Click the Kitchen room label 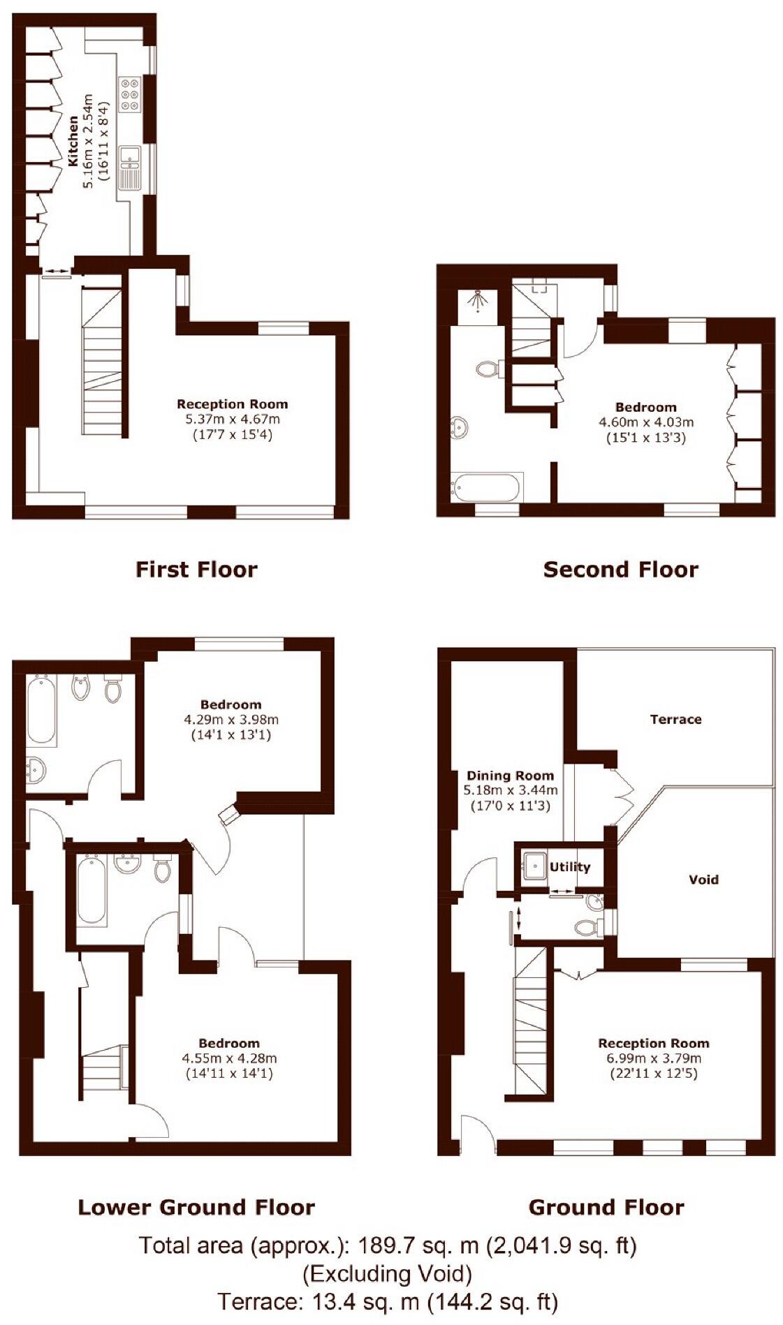click(x=73, y=142)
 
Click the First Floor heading click(x=196, y=570)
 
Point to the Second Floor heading click(x=620, y=570)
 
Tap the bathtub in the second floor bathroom click(x=485, y=487)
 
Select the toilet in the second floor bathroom click(x=487, y=368)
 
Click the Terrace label click(x=675, y=719)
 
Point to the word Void click(x=703, y=880)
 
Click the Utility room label click(x=570, y=867)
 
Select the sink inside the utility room click(x=534, y=866)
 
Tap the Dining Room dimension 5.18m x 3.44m click(x=511, y=790)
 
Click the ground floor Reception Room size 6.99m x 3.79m click(x=653, y=1058)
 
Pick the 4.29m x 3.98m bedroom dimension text click(x=230, y=720)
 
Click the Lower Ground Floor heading click(x=196, y=1207)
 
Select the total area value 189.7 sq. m click(x=418, y=1245)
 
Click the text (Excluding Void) click(x=387, y=1274)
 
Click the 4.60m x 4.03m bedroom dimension click(x=645, y=422)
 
